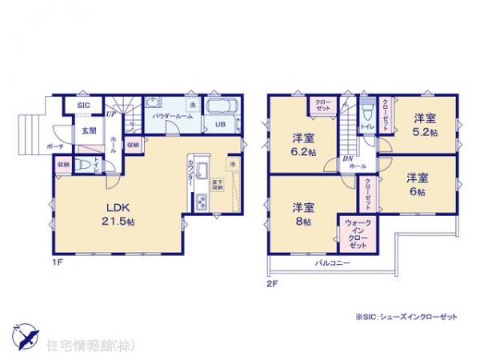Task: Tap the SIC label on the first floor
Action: (83, 106)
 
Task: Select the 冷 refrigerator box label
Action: (232, 166)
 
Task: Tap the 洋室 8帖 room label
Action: (303, 214)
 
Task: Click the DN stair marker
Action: (347, 159)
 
